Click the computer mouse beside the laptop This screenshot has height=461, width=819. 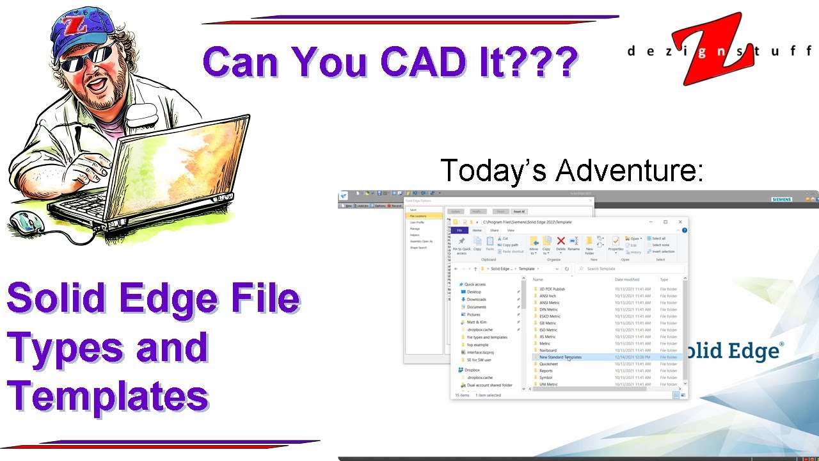click(27, 222)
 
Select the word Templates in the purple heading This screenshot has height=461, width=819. click(107, 395)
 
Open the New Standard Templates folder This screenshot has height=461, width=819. click(560, 357)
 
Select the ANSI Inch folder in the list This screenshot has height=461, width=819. click(547, 296)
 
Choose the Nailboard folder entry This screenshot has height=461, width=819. click(548, 350)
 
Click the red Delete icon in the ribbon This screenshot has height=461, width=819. click(561, 242)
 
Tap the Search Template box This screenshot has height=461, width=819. click(630, 269)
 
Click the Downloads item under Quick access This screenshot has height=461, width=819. click(476, 300)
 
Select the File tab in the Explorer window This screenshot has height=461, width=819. click(459, 230)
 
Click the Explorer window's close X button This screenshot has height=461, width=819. click(680, 222)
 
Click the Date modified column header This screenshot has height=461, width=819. click(627, 280)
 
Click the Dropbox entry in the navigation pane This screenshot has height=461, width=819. click(472, 370)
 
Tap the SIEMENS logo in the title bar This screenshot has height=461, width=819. click(781, 199)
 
